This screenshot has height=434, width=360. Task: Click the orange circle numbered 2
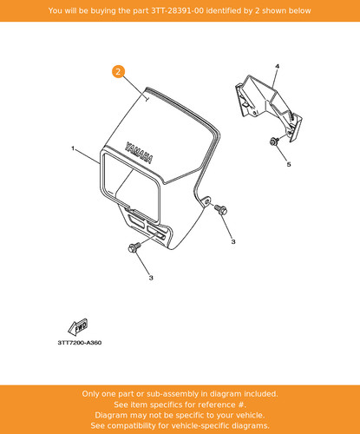coord(118,71)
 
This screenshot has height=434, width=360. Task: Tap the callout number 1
coord(73,148)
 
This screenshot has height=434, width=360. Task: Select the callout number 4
coord(277,66)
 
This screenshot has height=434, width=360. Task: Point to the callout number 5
coord(289,164)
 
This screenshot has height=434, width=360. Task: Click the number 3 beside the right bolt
coord(233,241)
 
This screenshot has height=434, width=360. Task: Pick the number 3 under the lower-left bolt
coord(151,278)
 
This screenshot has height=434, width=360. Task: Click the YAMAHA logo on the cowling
coord(139,153)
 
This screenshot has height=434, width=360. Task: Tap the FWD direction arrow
coord(77,327)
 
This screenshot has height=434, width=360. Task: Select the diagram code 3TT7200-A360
coord(80,343)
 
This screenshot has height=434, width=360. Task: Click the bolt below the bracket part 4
coord(274,141)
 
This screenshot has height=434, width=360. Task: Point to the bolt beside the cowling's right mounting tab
coord(221,209)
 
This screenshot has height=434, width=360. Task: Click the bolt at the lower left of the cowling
coord(134,247)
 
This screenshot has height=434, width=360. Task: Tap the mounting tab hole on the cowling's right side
coord(207,201)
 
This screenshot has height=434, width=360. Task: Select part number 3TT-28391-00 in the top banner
coord(177,10)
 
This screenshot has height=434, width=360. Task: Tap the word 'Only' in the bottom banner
coord(89,394)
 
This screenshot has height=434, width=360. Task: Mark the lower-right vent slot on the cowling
coord(156,233)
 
